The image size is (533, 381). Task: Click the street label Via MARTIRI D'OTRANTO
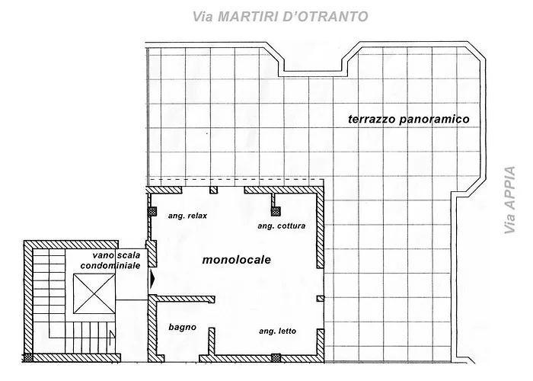click(x=280, y=16)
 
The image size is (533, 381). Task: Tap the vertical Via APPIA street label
click(x=509, y=200)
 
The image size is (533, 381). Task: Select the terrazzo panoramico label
click(x=409, y=119)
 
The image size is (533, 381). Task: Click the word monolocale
click(x=237, y=260)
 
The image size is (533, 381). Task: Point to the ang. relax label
click(x=187, y=216)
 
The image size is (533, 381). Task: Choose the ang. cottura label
click(x=282, y=226)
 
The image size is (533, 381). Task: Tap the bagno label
click(x=183, y=327)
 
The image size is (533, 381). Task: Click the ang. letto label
click(x=277, y=331)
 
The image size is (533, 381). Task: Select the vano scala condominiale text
click(x=110, y=261)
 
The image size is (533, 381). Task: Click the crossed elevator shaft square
click(x=94, y=293)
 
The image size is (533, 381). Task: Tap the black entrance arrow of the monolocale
click(x=152, y=280)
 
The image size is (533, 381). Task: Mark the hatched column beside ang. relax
click(x=152, y=212)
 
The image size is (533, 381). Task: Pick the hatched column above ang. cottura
click(x=276, y=211)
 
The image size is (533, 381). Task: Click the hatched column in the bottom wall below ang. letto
click(x=276, y=358)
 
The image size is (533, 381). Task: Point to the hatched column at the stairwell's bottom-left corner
click(x=28, y=358)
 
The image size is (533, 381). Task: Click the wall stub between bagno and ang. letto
click(x=212, y=342)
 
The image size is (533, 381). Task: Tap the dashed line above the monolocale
click(x=235, y=179)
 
